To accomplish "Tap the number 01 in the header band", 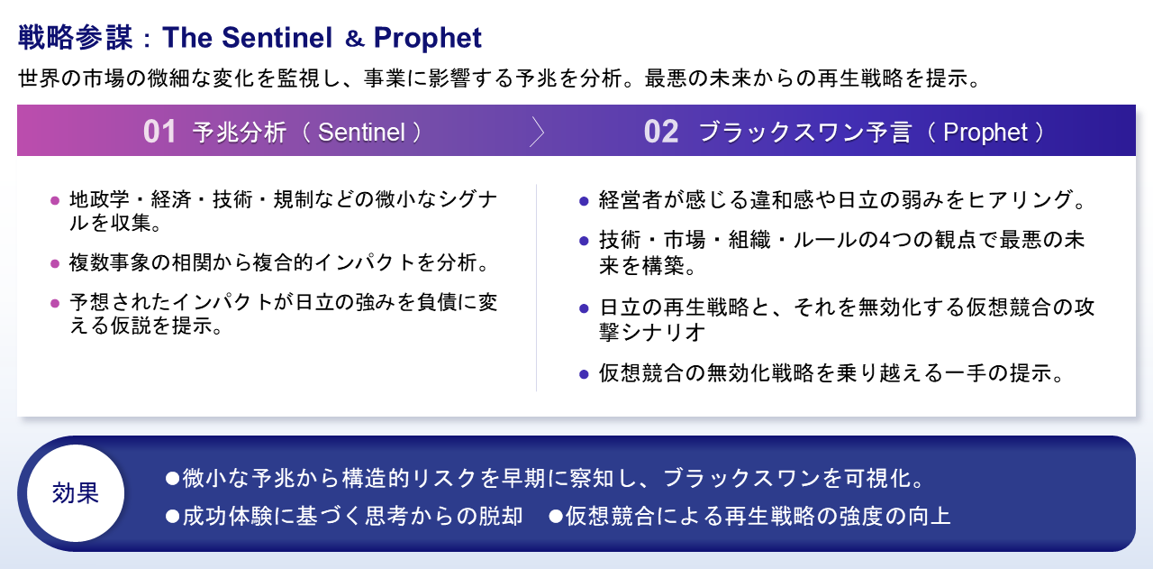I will click(x=159, y=132).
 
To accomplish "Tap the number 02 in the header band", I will click(x=660, y=132).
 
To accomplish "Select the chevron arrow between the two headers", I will click(x=538, y=132).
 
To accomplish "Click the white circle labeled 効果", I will click(x=76, y=493).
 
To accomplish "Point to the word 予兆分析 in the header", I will click(x=239, y=133).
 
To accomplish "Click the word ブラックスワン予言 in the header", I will click(x=806, y=133).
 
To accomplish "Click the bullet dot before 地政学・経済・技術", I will click(x=55, y=200).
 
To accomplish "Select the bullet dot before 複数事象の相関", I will click(x=55, y=264).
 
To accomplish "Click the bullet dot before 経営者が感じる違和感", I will click(x=584, y=200).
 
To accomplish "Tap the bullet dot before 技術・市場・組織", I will click(x=584, y=241).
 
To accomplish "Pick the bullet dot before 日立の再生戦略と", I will click(x=584, y=307).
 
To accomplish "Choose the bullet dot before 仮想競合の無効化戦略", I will click(x=584, y=373).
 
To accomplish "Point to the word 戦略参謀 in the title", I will click(x=76, y=38).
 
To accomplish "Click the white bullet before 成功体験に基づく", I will click(x=172, y=516).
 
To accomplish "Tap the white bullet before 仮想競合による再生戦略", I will click(x=556, y=516).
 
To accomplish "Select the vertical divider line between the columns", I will click(x=537, y=288).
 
